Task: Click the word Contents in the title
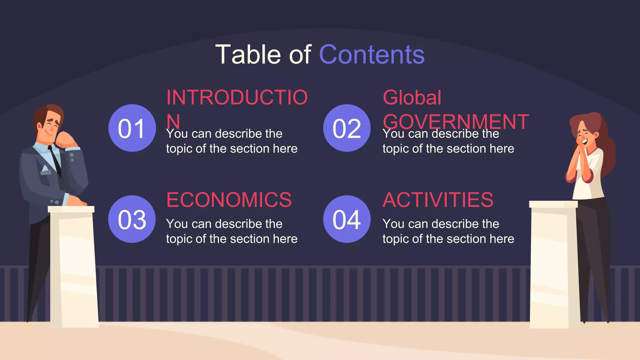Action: [x=372, y=55]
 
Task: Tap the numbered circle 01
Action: [x=132, y=128]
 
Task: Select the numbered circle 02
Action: [x=347, y=128]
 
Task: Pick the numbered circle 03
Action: [x=132, y=219]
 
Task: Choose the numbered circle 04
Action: [x=347, y=219]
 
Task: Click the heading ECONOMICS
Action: [x=229, y=200]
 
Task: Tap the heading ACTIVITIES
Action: [x=438, y=200]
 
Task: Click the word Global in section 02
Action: [x=412, y=97]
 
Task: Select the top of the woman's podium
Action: [x=553, y=204]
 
